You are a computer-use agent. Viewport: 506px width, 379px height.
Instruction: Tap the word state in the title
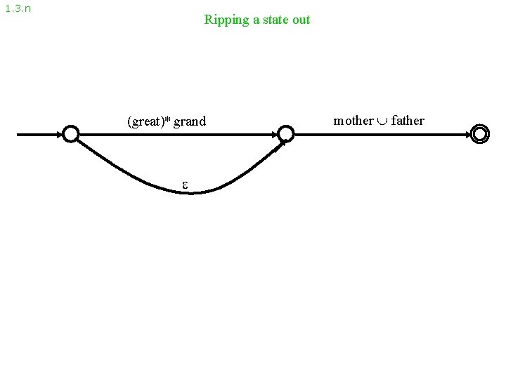[x=272, y=20]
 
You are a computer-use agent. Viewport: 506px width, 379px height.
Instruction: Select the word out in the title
[x=301, y=20]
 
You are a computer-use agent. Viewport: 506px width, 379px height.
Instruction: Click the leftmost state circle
[x=70, y=133]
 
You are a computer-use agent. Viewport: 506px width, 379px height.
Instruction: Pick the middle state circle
[x=285, y=133]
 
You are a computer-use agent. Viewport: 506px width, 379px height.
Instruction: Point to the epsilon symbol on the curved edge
[x=186, y=185]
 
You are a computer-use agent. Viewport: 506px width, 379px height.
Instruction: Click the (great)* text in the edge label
[x=147, y=121]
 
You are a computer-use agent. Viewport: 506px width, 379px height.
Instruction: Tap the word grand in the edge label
[x=190, y=121]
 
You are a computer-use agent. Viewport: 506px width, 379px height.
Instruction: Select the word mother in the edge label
[x=353, y=120]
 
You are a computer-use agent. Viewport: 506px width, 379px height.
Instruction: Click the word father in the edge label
[x=408, y=120]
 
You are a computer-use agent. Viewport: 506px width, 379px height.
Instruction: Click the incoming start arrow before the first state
[x=39, y=133]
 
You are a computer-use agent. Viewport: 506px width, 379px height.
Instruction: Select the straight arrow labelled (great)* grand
[x=176, y=133]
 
